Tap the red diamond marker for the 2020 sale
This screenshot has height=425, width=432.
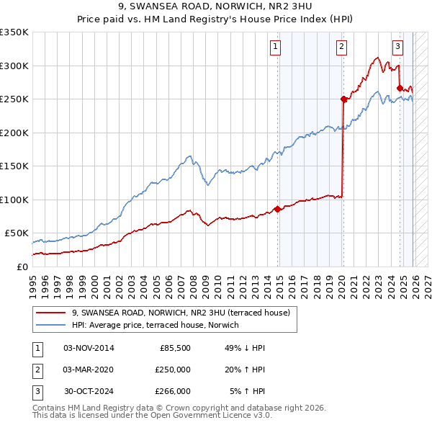[343, 99]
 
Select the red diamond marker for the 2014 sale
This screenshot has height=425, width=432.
[278, 210]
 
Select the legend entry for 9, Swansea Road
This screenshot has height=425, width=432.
[181, 313]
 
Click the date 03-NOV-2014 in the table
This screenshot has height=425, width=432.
[89, 348]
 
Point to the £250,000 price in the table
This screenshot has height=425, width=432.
[173, 370]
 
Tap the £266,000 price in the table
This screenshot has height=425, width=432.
[173, 391]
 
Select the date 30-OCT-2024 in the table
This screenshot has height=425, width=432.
[89, 391]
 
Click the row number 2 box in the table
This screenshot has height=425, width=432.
[35, 370]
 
